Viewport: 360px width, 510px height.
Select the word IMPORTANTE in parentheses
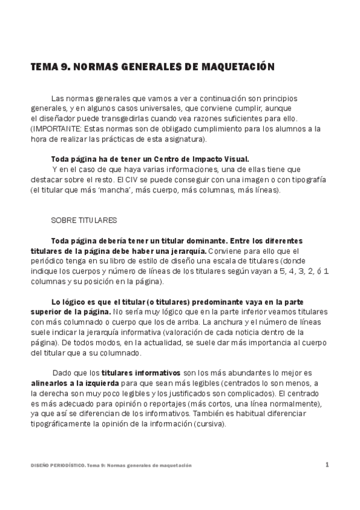[57, 129]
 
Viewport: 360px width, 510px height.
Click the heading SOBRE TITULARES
[84, 220]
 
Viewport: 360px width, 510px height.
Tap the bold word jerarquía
[186, 251]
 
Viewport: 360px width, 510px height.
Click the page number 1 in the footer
[327, 464]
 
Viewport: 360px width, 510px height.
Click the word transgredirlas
[130, 118]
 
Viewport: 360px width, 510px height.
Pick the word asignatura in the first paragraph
[181, 139]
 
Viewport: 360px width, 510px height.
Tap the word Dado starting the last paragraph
[63, 373]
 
